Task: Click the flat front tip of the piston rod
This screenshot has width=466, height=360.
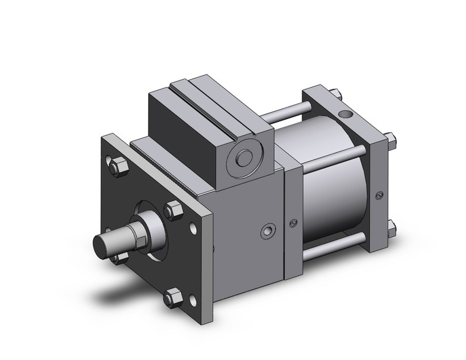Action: [x=100, y=244]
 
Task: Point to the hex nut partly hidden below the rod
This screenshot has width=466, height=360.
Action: [x=121, y=258]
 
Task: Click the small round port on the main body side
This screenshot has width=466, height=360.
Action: [x=268, y=231]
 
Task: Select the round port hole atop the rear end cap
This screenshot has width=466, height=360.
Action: [x=347, y=114]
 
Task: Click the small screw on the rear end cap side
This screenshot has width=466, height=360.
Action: [x=380, y=196]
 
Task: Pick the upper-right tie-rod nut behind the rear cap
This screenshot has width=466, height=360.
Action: [x=391, y=138]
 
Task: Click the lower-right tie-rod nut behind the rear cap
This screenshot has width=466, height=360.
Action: [x=391, y=231]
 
